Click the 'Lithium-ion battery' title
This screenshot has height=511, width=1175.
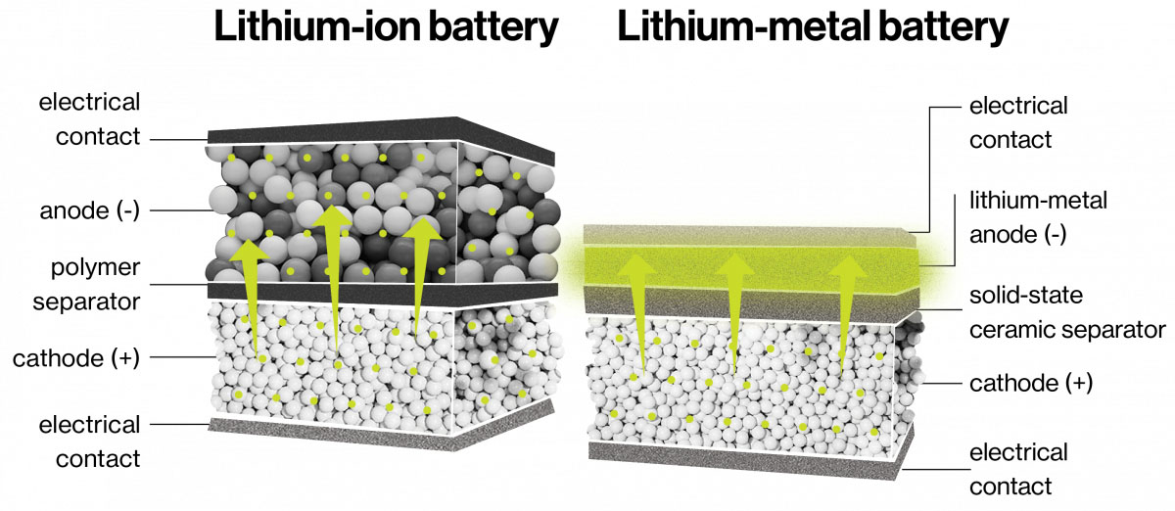(386, 27)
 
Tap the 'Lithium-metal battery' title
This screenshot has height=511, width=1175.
(813, 27)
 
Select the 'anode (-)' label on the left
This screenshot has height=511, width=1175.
(90, 210)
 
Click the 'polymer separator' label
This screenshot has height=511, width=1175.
(87, 284)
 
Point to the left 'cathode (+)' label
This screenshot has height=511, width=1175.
(76, 359)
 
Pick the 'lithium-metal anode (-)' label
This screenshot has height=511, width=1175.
(1038, 217)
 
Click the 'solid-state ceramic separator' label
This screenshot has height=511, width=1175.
(1067, 312)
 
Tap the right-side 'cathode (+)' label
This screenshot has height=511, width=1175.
(1031, 384)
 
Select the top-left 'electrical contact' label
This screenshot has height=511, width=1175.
(90, 119)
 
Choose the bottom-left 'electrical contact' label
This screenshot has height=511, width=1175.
(90, 441)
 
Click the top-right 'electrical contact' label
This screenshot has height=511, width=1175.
(1018, 122)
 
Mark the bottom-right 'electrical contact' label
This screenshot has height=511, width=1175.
(1018, 470)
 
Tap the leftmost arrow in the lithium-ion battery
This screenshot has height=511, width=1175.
(251, 298)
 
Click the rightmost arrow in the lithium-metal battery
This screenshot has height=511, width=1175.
(847, 316)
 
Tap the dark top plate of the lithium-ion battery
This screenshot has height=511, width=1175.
(381, 137)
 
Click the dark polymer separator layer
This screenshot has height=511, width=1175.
(383, 294)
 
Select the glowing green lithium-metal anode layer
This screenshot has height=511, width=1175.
(751, 266)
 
